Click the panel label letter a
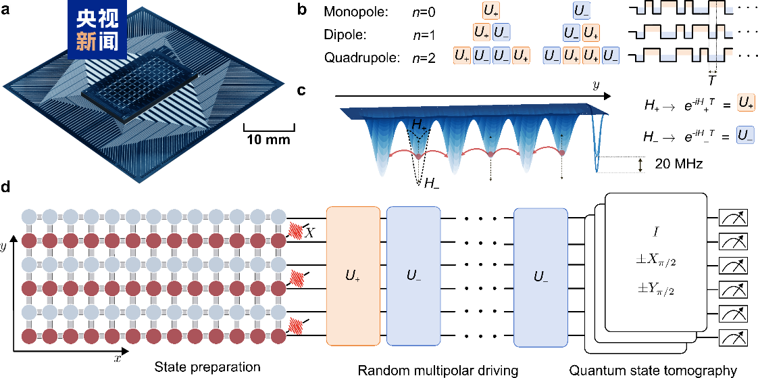coord(7,10)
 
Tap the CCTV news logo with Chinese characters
coord(97,30)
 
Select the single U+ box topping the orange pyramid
coord(491,10)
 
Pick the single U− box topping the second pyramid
coord(581,10)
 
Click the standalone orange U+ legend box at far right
coord(746,103)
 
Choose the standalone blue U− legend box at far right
coord(746,135)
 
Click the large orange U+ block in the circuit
coord(353,276)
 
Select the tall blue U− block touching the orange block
coord(413,276)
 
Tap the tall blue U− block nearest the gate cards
coord(540,276)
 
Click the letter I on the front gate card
coord(655,232)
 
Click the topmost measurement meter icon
coord(734,218)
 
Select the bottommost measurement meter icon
coord(734,337)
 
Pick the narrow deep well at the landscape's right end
coord(597,145)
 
